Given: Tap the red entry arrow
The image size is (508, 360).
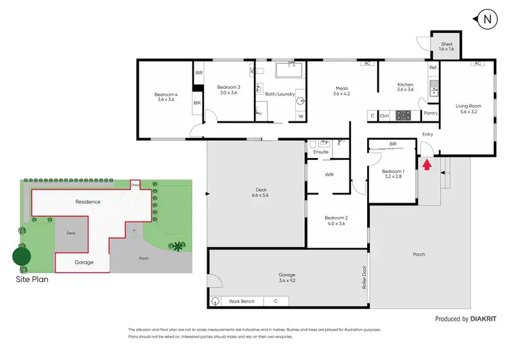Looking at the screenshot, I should [426, 164].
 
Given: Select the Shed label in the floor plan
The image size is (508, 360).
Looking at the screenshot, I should [446, 47].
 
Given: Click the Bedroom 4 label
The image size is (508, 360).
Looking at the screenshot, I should [165, 96].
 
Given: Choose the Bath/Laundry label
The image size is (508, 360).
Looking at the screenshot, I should [280, 94].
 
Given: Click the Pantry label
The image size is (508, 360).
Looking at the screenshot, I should [429, 114].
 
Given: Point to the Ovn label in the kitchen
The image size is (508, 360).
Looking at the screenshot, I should [384, 116].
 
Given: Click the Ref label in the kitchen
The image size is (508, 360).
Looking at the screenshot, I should [432, 68].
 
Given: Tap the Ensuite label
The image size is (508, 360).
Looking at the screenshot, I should [320, 152].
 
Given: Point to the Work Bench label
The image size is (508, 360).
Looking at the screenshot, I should [242, 300].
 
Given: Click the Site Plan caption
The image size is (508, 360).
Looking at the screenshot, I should [32, 278].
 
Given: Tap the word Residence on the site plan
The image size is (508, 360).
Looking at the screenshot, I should [87, 201].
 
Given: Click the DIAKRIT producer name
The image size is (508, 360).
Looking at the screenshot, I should [488, 319].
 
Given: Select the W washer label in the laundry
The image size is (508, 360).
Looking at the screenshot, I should [301, 117].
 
